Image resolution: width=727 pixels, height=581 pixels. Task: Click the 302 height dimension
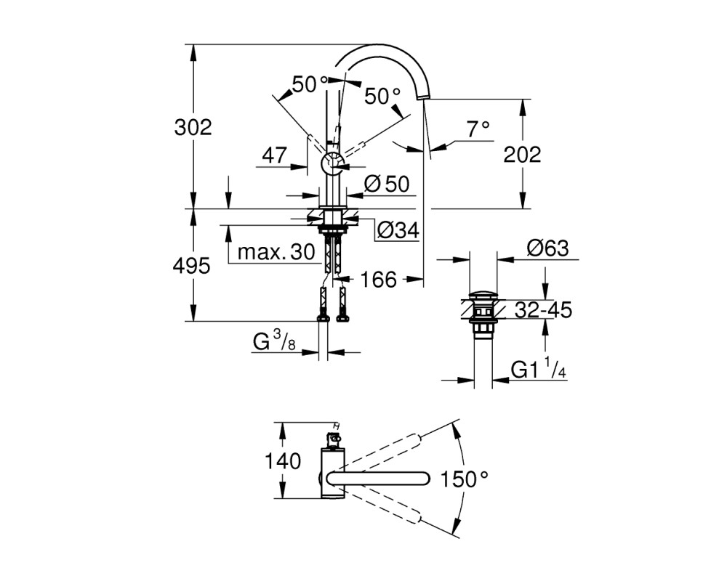point(193,127)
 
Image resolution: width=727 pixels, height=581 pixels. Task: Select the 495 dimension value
point(191,266)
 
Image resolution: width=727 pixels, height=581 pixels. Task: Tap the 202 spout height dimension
point(523,154)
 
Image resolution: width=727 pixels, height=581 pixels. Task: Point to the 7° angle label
point(478,129)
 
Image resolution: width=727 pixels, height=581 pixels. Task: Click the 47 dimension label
point(275,155)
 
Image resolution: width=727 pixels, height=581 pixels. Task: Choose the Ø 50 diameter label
point(387,184)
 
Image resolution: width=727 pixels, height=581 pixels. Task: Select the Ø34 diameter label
point(398,229)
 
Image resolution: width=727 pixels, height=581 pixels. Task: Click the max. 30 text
point(276,253)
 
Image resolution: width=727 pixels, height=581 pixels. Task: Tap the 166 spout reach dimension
point(378,280)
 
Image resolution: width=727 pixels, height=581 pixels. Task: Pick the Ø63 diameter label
point(547,249)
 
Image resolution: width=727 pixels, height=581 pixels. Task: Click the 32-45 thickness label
point(544,310)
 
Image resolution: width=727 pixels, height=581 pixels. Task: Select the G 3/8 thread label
point(274,342)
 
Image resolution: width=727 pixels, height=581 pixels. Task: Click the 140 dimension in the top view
point(282,461)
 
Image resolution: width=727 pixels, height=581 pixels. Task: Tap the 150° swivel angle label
point(464,479)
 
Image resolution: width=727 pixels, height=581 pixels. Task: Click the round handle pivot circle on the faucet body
point(332,163)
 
